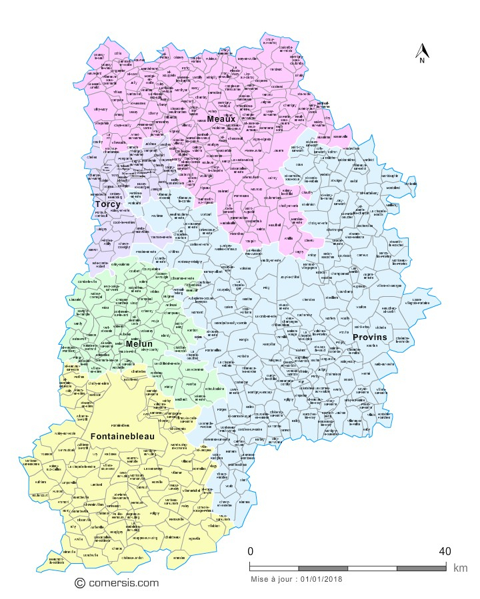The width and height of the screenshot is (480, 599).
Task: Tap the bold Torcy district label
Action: [107, 204]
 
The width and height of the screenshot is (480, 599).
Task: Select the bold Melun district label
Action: [139, 343]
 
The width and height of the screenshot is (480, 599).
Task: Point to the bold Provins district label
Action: [369, 337]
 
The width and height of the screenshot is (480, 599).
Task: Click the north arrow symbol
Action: [422, 50]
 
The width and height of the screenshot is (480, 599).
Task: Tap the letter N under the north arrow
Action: [422, 61]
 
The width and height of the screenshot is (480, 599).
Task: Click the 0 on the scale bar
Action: [250, 552]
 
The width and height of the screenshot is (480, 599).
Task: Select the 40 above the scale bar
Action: [445, 552]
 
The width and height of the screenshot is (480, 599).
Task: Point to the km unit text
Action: [460, 568]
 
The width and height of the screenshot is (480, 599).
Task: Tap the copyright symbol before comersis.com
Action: [80, 583]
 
